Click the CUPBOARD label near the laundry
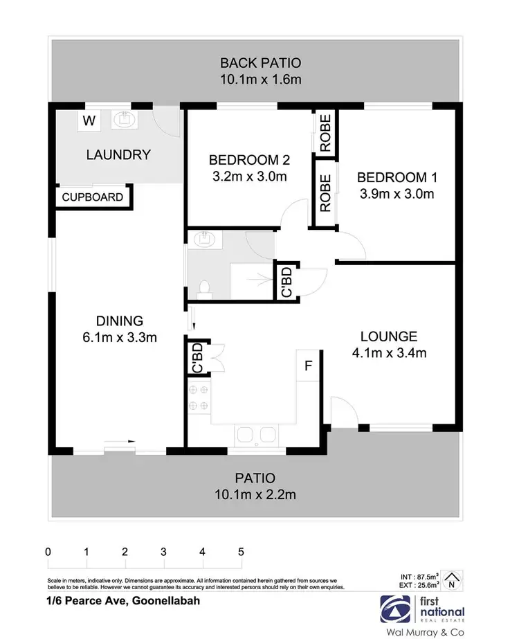coord(93,197)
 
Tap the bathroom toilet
coord(203,287)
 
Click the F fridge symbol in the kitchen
coord(309,366)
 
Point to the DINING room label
coord(119,321)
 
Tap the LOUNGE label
coord(388,337)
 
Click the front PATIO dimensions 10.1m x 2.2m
coord(255,494)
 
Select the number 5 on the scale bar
coord(241,552)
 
